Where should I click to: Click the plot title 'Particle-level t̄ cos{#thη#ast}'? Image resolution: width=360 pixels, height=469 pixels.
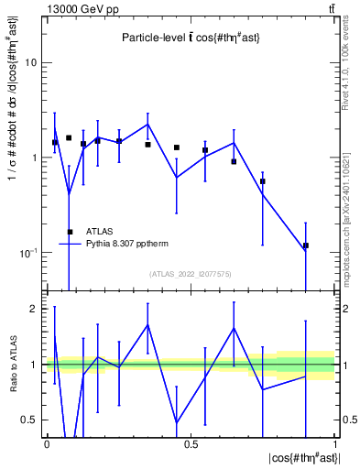point(192,38)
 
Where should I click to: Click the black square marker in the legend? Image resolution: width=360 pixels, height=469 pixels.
point(71,232)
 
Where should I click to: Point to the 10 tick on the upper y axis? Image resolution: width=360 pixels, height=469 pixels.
point(34,63)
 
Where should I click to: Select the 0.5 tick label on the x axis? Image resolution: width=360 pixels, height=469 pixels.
point(191,443)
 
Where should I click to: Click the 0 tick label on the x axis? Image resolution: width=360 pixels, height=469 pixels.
point(47,443)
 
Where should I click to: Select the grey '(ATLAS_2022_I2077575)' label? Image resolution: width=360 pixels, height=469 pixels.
point(191,274)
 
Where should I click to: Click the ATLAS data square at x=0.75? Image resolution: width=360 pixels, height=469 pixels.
point(263,181)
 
